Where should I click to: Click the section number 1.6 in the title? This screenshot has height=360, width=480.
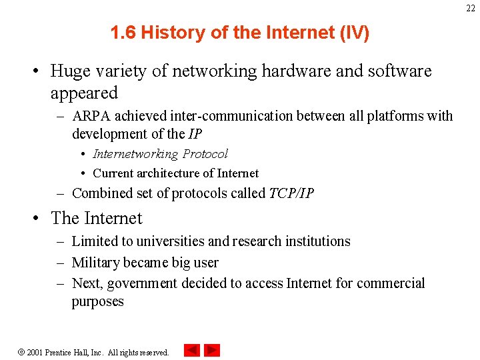pos(124,33)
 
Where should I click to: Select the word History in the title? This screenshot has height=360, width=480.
pos(169,33)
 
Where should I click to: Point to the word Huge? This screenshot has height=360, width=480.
pos(69,71)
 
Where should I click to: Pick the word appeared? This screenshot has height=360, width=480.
pos(84,93)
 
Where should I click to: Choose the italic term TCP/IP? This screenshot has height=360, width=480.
pos(291,193)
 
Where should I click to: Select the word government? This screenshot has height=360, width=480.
pos(141,283)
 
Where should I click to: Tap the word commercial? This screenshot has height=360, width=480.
pos(390,283)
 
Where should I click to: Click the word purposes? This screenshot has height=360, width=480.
pos(98,302)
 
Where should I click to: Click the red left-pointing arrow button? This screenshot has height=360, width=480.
pos(192,350)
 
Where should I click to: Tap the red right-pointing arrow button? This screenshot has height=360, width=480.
pos(212,350)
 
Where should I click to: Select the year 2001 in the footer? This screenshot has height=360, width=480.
pos(35,352)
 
